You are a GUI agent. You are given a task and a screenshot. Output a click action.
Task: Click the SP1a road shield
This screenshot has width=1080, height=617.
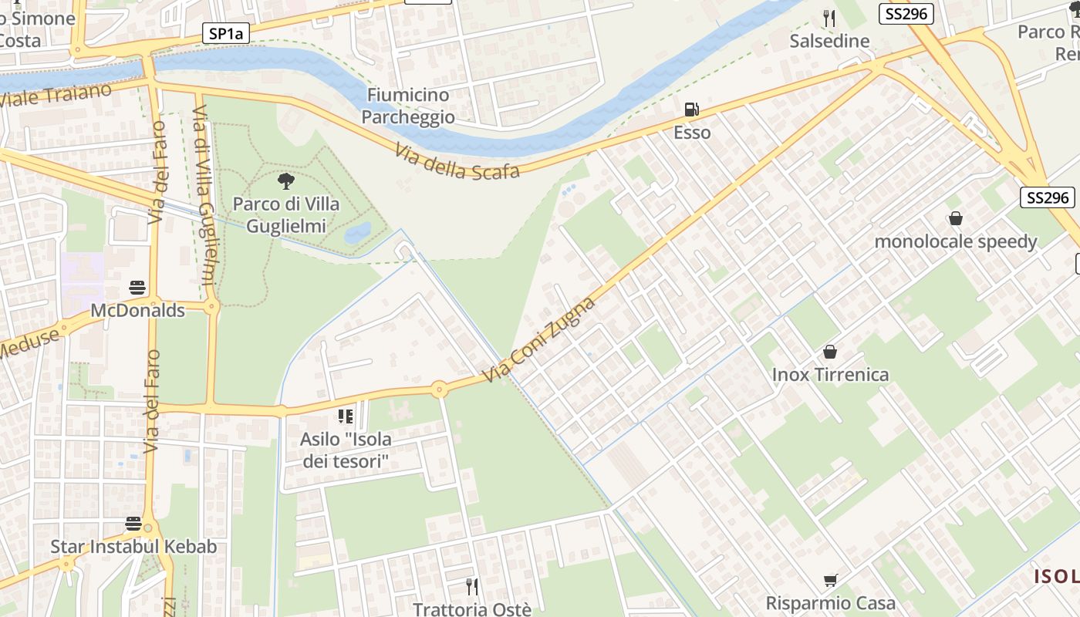click(x=226, y=33)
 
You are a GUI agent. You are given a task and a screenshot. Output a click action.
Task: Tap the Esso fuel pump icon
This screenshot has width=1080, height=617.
click(x=692, y=110)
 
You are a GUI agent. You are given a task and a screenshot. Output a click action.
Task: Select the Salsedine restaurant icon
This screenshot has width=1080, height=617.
click(x=829, y=19)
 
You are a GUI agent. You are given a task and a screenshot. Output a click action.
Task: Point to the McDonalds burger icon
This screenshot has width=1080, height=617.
click(x=137, y=288)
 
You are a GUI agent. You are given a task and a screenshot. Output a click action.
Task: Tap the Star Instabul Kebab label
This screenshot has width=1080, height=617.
click(x=133, y=547)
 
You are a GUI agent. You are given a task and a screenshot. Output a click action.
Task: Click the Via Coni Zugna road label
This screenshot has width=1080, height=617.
click(x=539, y=339)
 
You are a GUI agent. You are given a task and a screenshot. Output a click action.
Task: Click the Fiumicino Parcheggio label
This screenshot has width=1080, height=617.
click(x=408, y=106)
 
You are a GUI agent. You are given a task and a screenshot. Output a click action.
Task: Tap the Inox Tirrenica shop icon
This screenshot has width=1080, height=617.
click(x=830, y=352)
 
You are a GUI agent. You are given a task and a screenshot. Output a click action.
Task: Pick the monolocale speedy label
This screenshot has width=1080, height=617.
click(x=955, y=241)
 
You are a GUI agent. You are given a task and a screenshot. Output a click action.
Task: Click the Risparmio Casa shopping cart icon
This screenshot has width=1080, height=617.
click(x=830, y=581)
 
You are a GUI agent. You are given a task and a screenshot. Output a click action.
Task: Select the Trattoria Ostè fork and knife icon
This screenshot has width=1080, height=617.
click(x=472, y=587)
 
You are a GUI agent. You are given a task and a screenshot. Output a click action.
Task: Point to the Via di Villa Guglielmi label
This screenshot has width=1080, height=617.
click(x=204, y=197)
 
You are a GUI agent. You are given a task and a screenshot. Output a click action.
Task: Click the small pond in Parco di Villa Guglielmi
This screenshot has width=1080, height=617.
click(x=357, y=232)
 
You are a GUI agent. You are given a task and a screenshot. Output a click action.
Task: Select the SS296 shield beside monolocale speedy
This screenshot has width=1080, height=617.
click(x=1048, y=197)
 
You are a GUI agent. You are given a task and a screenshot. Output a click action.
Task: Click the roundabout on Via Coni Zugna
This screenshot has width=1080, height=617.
click(x=439, y=389)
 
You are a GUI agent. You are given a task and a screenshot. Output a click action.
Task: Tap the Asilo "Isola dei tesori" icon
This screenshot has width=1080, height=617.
click(x=345, y=417)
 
